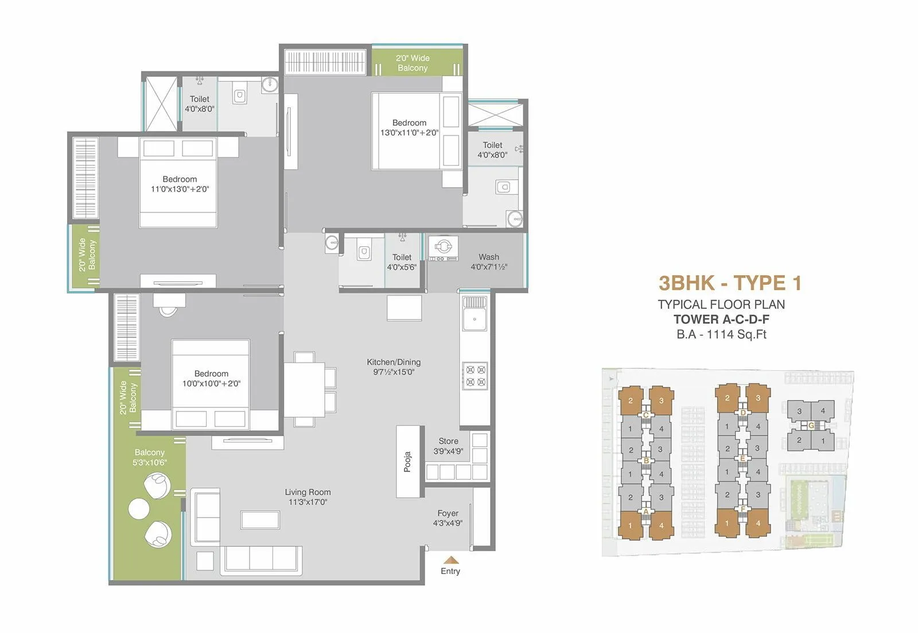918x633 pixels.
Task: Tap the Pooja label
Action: [x=407, y=461]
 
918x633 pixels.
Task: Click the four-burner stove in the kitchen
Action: [x=475, y=376]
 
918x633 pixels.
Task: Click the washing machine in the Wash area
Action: [x=443, y=247]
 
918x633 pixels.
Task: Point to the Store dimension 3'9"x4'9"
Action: [x=448, y=451]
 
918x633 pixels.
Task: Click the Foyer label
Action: [x=448, y=513]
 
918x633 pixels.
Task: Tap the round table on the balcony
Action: [x=139, y=509]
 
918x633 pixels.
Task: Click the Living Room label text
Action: [x=308, y=492]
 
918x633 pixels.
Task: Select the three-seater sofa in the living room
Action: [x=261, y=557]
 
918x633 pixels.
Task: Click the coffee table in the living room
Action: [x=260, y=519]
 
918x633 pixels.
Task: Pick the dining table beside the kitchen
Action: [x=304, y=389]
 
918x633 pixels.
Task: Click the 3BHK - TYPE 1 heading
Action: [x=730, y=283]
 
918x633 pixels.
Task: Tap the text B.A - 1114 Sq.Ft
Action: [x=721, y=335]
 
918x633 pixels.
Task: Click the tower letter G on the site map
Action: [x=811, y=425]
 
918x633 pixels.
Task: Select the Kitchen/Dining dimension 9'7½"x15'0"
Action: [x=394, y=372]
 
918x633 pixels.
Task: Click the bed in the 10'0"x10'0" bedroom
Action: [x=211, y=382]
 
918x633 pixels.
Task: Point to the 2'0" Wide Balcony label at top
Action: [x=413, y=63]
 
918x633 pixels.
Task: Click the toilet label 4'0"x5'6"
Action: [x=402, y=267]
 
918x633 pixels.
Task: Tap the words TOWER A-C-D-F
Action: [x=721, y=320]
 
